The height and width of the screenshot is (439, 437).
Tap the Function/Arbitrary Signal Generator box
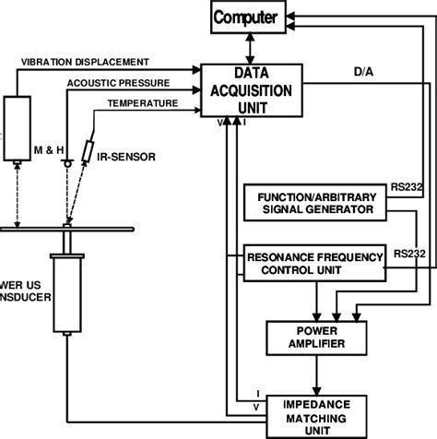point(303,202)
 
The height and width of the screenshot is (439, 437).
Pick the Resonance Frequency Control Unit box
point(305,264)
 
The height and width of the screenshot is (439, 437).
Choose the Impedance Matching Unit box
point(315,413)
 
